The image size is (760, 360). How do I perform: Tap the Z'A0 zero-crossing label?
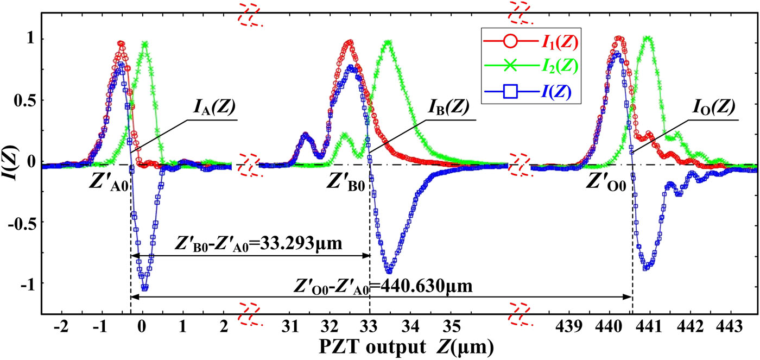109,179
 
